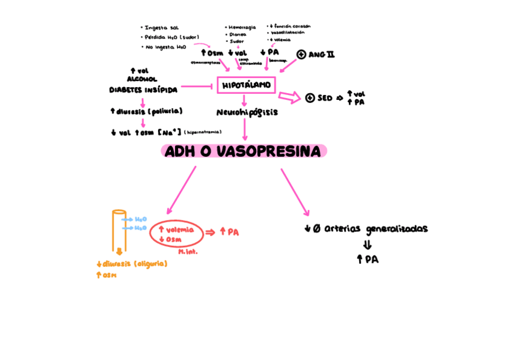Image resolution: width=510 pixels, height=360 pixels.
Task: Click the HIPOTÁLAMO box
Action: click(246, 85)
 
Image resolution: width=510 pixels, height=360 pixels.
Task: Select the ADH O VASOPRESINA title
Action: click(244, 151)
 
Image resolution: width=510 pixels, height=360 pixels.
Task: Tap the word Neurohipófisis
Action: click(247, 112)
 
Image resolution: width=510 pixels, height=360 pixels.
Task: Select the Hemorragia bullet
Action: click(242, 28)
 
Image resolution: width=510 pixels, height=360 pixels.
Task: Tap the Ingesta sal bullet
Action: click(161, 28)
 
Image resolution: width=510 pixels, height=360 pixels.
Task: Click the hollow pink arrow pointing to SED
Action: click(289, 97)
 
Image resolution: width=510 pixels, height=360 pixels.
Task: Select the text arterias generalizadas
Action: click(376, 229)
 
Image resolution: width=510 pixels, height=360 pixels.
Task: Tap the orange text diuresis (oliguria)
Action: click(134, 264)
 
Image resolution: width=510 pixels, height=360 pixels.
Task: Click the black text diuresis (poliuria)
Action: click(147, 111)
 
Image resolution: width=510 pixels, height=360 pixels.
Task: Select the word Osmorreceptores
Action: click(206, 62)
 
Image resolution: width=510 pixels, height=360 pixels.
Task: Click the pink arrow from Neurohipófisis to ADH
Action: click(244, 129)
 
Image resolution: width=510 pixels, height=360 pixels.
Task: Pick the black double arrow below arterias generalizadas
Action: click(367, 245)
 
